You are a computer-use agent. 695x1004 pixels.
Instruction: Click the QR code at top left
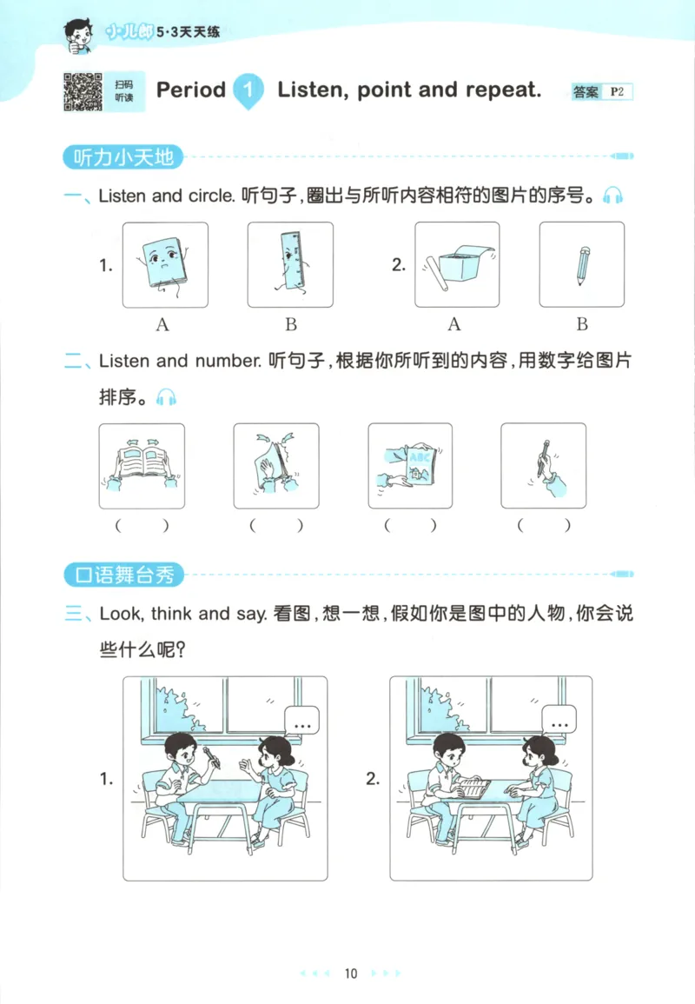tap(83, 91)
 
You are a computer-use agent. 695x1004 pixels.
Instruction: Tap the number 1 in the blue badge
tap(249, 90)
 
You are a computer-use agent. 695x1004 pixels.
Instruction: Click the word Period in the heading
tap(190, 90)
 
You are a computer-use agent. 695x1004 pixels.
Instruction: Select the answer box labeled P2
tap(618, 91)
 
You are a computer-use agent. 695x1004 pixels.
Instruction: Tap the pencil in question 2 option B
tap(582, 264)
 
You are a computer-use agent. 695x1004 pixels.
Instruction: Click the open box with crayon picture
tap(456, 264)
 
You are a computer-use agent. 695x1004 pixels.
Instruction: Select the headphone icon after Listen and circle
tap(612, 196)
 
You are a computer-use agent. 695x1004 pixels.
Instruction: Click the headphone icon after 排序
tap(165, 397)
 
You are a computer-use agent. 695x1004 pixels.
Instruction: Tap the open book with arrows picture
tap(142, 466)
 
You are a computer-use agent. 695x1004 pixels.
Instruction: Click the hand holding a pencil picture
tap(544, 466)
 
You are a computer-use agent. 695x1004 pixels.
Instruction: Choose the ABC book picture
tap(410, 466)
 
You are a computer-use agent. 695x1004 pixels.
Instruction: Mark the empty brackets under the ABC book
tap(410, 525)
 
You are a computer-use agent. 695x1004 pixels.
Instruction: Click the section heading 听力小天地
tap(123, 157)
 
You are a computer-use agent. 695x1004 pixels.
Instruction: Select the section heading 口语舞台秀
tap(123, 575)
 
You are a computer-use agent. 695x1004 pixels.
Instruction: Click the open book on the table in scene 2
tap(470, 787)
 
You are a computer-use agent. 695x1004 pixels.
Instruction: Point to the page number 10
tap(350, 974)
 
